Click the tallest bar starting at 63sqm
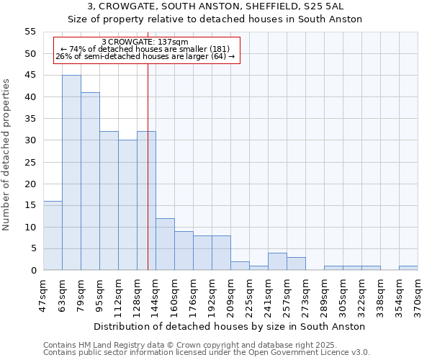point(71,173)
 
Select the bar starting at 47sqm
point(53,235)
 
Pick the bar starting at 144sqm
point(165,244)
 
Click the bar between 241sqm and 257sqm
point(277,262)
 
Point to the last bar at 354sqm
point(408,269)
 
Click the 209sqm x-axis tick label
point(231,295)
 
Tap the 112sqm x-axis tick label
point(119,295)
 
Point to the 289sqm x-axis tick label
point(325,295)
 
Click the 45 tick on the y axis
point(30,76)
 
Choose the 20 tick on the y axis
point(30,184)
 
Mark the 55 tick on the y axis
point(30,32)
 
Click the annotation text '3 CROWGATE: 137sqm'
point(145,42)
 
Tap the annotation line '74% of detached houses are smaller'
point(145,49)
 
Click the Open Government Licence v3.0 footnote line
point(206,353)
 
